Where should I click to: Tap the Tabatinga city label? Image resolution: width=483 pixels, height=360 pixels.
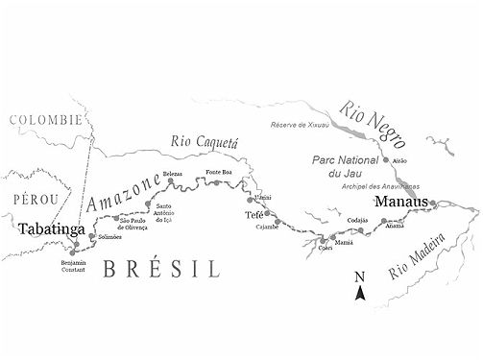tap(50, 230)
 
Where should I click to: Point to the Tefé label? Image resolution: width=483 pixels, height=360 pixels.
tap(254, 216)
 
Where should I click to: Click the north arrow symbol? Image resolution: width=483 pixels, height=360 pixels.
tap(359, 286)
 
